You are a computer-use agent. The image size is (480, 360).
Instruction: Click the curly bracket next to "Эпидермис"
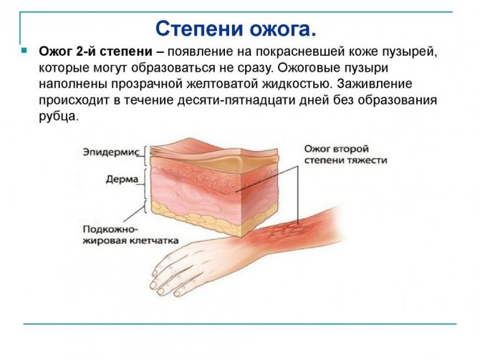148,152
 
